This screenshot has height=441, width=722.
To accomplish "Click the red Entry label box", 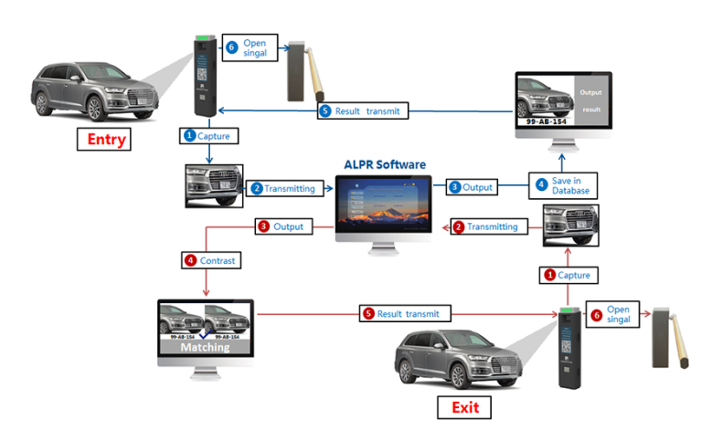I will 105,140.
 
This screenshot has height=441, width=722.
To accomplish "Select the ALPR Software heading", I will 384,164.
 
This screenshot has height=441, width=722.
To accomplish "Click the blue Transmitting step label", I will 283,188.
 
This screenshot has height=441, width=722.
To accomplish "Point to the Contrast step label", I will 211,260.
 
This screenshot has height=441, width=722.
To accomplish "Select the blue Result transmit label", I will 362,110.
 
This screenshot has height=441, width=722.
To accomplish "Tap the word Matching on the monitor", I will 205,347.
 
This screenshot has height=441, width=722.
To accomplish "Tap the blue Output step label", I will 472,187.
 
